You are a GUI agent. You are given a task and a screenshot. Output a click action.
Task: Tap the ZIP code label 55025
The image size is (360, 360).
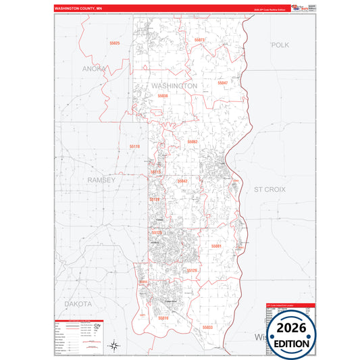114,43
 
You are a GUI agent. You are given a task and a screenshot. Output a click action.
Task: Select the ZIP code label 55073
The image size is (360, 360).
199,40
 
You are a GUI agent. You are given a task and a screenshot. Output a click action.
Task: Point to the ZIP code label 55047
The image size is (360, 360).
223,82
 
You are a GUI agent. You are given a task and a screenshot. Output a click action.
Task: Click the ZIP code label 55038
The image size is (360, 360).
162,96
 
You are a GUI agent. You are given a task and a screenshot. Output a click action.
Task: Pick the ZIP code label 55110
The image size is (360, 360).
134,146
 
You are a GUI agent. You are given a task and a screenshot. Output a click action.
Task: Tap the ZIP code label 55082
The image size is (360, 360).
192,142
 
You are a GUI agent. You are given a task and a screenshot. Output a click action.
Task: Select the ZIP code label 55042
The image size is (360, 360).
182,181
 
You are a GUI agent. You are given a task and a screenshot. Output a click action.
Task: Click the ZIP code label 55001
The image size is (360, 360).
216,246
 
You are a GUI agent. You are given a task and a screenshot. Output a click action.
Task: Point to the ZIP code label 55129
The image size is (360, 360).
192,270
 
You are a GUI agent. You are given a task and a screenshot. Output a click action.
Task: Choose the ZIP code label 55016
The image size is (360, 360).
163,317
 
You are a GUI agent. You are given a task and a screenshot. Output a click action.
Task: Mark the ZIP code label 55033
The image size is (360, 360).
207,327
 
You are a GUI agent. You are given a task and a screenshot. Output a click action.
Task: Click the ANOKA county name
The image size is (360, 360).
94,68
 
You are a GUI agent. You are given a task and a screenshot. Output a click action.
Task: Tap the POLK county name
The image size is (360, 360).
279,45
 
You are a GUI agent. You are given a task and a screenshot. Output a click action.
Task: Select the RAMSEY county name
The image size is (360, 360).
101,180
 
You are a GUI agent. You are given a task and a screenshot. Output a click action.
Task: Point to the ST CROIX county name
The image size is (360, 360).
269,189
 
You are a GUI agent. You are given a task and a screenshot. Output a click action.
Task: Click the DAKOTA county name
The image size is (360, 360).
78,305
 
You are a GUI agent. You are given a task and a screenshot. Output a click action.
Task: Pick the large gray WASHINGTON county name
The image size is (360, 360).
174,86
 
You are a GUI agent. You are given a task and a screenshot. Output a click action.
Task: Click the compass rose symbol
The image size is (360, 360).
115,346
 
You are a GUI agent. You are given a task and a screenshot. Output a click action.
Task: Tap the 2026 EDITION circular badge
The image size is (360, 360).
292,334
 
